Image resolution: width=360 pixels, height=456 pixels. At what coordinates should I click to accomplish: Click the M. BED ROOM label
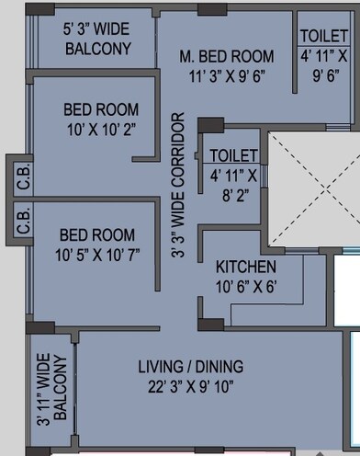pyautogui.click(x=227, y=57)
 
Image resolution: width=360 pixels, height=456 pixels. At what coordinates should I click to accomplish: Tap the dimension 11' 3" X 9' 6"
pyautogui.click(x=227, y=76)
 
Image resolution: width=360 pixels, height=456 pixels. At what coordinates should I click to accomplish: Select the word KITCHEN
pyautogui.click(x=246, y=267)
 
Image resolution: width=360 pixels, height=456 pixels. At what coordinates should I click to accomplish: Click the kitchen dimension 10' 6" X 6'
pyautogui.click(x=246, y=285)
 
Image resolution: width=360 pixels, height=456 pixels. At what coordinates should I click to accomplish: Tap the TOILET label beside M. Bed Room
pyautogui.click(x=323, y=37)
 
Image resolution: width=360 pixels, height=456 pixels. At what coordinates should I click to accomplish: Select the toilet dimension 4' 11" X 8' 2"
pyautogui.click(x=234, y=182)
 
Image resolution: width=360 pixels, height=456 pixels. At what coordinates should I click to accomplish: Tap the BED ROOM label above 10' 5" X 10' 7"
pyautogui.click(x=96, y=235)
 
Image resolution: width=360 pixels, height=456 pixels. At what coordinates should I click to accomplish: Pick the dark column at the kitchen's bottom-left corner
pyautogui.click(x=210, y=323)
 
